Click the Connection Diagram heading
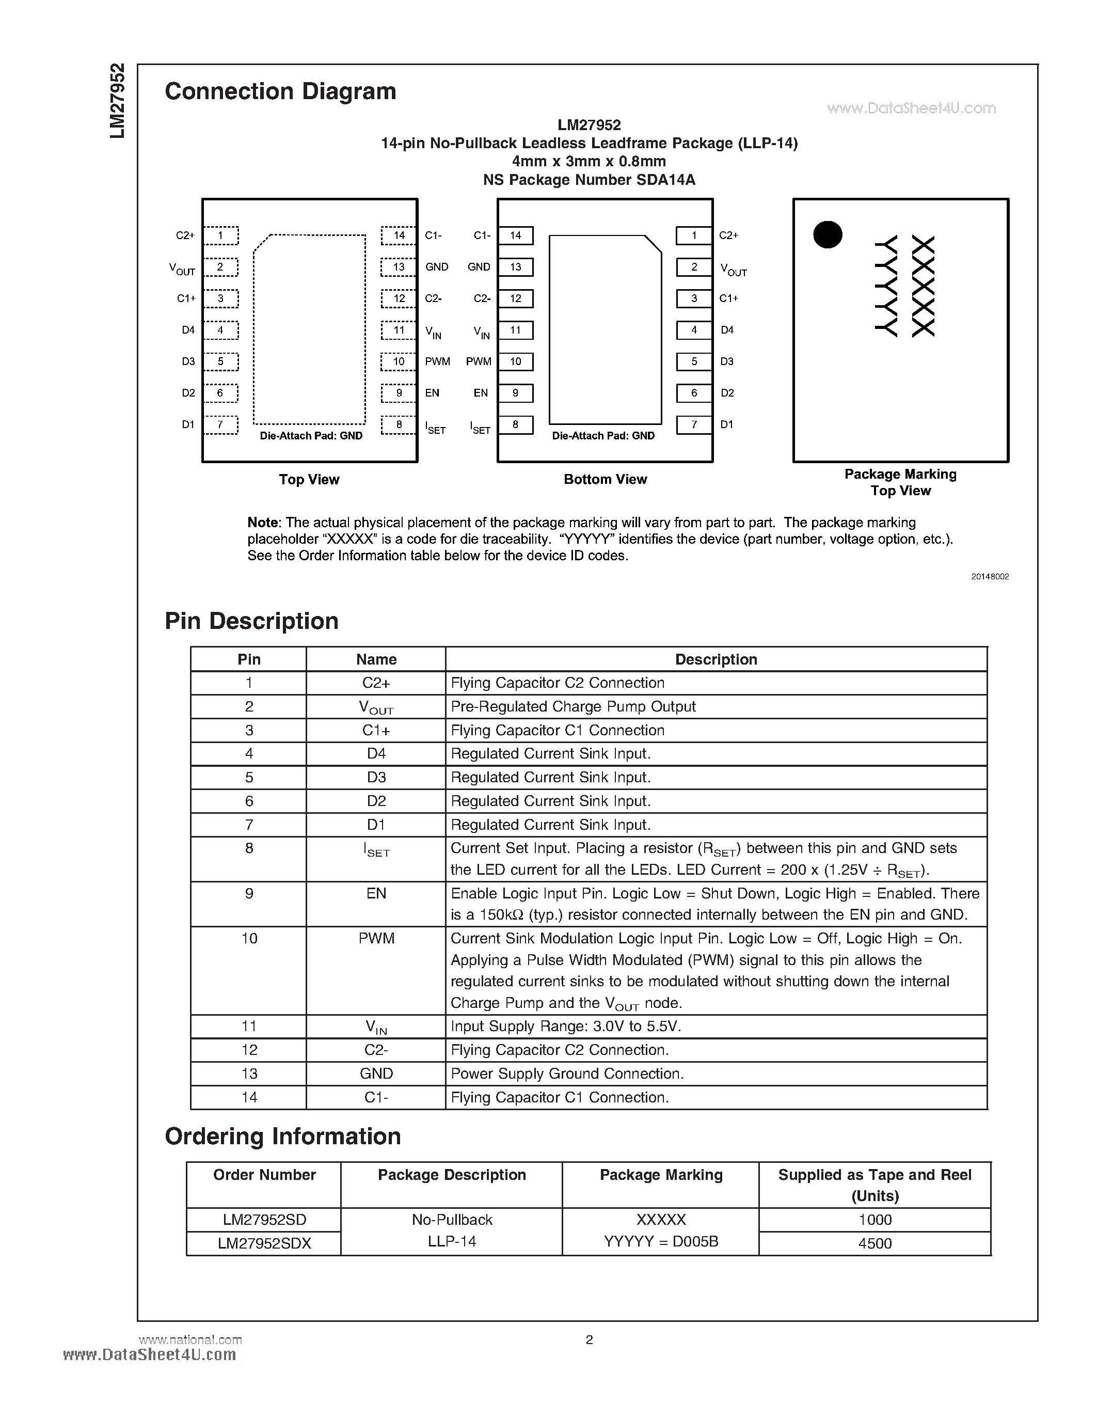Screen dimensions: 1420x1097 pyautogui.click(x=280, y=92)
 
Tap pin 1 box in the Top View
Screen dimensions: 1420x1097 pyautogui.click(x=220, y=235)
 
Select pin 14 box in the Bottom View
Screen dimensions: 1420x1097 pyautogui.click(x=515, y=235)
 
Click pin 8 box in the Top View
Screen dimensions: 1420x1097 pyautogui.click(x=399, y=424)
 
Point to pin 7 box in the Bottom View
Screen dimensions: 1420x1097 pyautogui.click(x=693, y=424)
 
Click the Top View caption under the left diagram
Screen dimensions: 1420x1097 pyautogui.click(x=309, y=479)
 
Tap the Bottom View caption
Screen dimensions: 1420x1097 pyautogui.click(x=605, y=479)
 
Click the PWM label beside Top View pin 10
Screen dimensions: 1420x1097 pyautogui.click(x=437, y=361)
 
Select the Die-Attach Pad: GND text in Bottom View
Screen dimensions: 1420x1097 pyautogui.click(x=603, y=436)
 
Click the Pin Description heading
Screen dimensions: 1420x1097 pyautogui.click(x=251, y=621)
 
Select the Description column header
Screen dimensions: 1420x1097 pyautogui.click(x=716, y=659)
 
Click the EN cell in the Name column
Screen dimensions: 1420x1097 pyautogui.click(x=376, y=893)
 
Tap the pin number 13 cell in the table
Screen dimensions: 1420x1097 pyautogui.click(x=249, y=1074)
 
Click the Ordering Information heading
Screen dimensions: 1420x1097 pyautogui.click(x=283, y=1136)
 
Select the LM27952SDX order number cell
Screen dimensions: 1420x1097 pyautogui.click(x=264, y=1243)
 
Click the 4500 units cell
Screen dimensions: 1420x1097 pyautogui.click(x=874, y=1243)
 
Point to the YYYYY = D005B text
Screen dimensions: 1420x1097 pyautogui.click(x=661, y=1241)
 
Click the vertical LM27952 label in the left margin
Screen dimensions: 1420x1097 pyautogui.click(x=117, y=101)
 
